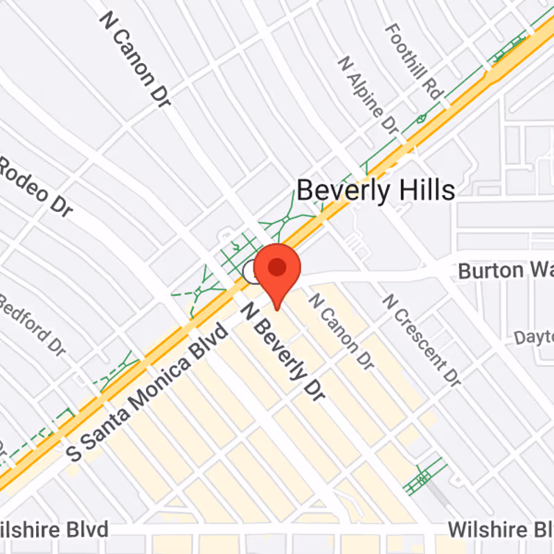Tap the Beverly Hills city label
pyautogui.click(x=376, y=190)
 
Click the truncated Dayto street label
pyautogui.click(x=533, y=337)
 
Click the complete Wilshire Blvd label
pyautogui.click(x=54, y=530)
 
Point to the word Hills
pyautogui.click(x=424, y=190)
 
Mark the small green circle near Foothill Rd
pyautogui.click(x=421, y=119)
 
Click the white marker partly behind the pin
pyautogui.click(x=251, y=273)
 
